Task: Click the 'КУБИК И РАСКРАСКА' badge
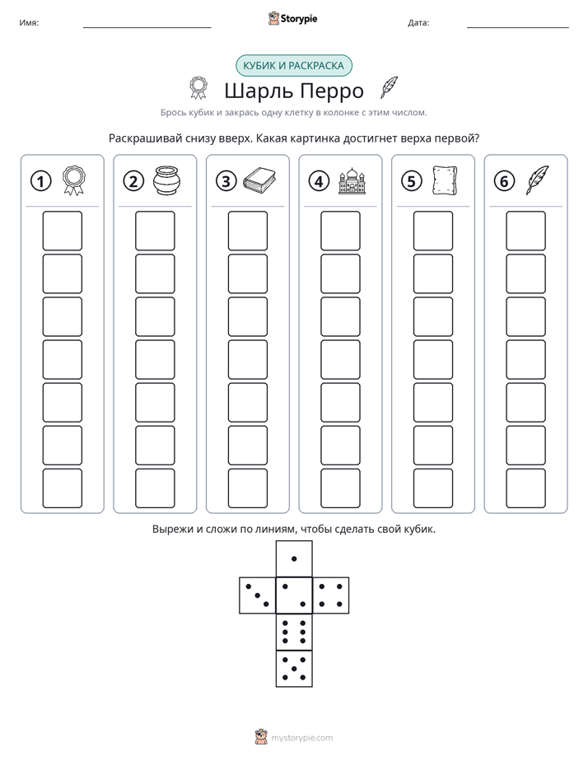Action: click(x=293, y=66)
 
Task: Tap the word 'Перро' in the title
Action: click(x=331, y=91)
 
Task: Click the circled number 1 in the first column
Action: click(x=40, y=181)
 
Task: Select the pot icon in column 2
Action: click(x=167, y=180)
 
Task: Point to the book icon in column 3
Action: click(x=259, y=180)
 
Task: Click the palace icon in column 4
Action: click(x=352, y=181)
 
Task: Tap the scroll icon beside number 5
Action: click(x=445, y=180)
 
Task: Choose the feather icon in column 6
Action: click(x=537, y=180)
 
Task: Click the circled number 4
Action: click(x=319, y=181)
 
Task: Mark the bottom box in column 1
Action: click(x=62, y=488)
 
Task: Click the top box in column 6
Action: click(x=525, y=231)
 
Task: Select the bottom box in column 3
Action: click(x=247, y=488)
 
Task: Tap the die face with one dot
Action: click(x=294, y=558)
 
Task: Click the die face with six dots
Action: click(x=294, y=632)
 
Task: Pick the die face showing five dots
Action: click(x=294, y=668)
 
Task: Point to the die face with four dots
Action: click(x=331, y=595)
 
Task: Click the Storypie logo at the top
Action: click(x=293, y=18)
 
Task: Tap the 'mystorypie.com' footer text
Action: click(x=301, y=738)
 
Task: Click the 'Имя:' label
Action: click(x=29, y=22)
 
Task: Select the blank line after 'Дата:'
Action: click(x=518, y=27)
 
